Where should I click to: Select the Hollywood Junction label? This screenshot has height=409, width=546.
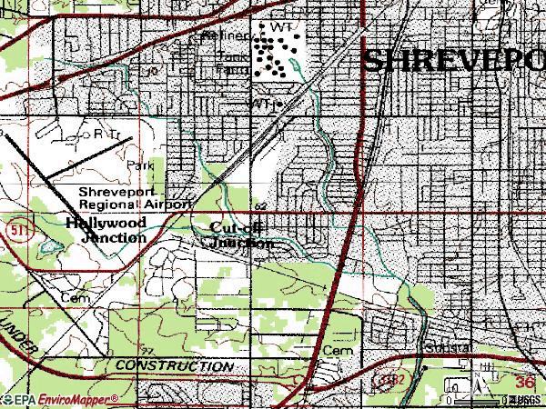106,229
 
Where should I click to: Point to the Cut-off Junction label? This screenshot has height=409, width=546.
240,235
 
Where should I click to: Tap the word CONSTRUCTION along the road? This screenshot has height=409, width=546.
174,365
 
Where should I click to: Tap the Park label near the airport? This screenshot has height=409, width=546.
140,166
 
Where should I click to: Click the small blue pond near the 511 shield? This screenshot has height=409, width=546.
45,245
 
